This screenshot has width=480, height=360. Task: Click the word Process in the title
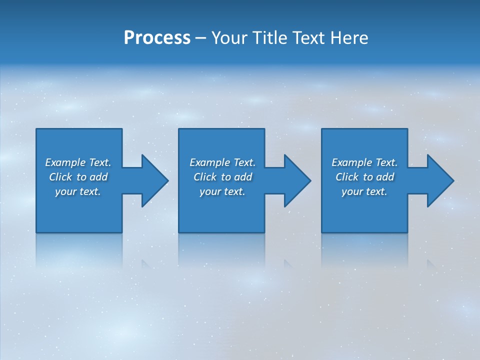click(157, 38)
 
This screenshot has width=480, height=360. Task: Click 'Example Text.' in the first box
click(78, 162)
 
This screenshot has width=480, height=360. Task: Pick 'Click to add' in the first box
click(78, 177)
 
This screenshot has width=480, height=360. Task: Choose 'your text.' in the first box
click(78, 191)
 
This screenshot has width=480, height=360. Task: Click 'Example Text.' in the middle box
click(222, 162)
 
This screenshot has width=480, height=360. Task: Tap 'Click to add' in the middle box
click(222, 177)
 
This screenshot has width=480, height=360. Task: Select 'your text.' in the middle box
click(222, 191)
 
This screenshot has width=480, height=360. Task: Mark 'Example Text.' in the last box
click(364, 162)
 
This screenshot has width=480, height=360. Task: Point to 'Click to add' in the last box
click(364, 177)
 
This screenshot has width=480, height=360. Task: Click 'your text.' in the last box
click(364, 191)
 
